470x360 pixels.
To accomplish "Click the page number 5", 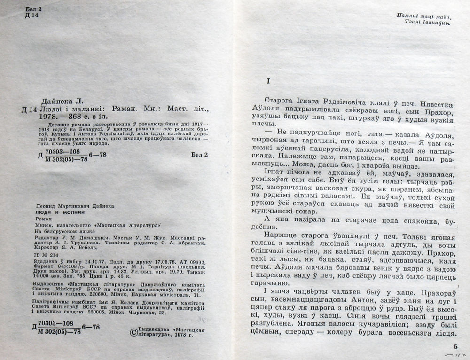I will (455, 347).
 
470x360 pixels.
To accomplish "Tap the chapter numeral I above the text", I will (267, 81).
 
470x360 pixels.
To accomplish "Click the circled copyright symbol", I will (133, 332).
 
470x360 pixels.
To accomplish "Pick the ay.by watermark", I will (459, 355).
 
